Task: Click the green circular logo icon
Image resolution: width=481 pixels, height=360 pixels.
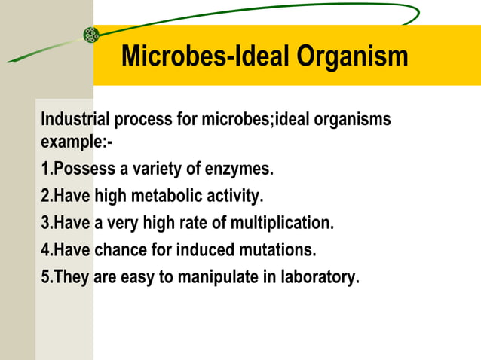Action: point(91,34)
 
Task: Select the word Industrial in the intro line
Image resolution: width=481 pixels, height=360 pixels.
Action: point(75,119)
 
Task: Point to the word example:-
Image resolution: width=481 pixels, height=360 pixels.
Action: point(72,141)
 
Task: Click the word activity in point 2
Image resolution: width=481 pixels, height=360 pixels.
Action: point(234,197)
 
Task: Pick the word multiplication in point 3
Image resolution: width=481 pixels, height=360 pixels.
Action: point(287,224)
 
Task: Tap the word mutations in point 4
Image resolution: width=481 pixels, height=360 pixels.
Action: point(278,250)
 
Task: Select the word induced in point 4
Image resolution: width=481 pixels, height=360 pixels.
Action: point(209,250)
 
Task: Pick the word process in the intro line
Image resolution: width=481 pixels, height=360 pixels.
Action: point(141,119)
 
